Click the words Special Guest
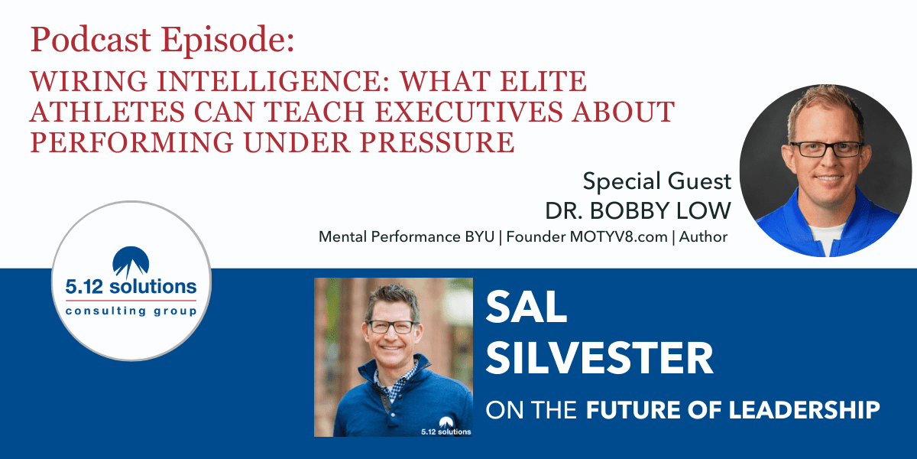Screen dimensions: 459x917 pos(656,181)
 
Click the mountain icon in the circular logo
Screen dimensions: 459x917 pos(131,262)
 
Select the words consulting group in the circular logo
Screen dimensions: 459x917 pos(131,311)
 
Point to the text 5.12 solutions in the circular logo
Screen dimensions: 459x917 pos(131,288)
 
